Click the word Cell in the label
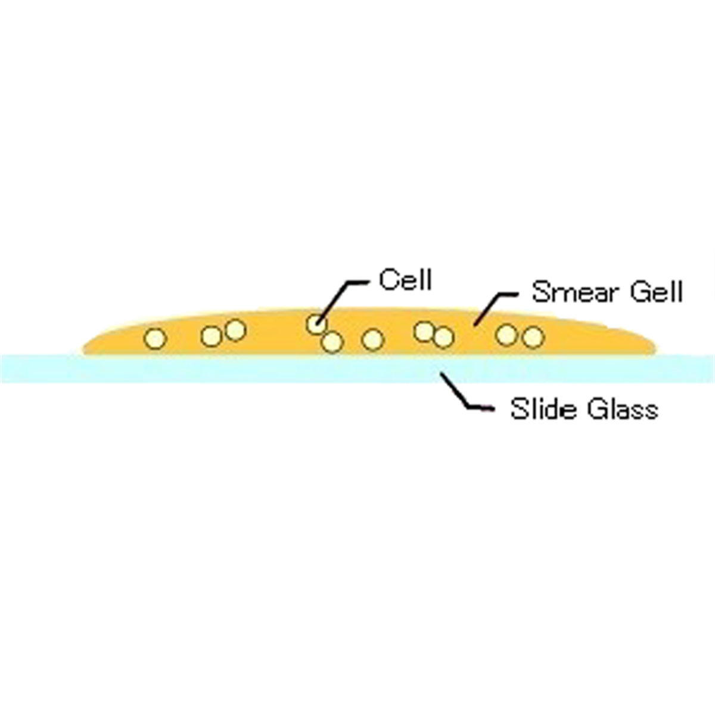[405, 280]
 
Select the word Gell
[656, 291]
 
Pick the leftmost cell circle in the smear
[155, 338]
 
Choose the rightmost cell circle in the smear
[533, 337]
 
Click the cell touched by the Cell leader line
[317, 324]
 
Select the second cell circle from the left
[212, 336]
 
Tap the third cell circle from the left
[235, 329]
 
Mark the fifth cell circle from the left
[332, 342]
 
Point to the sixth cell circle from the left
[372, 340]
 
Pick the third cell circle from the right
[443, 337]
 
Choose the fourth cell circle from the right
[424, 331]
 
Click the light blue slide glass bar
[357, 368]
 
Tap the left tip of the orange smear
[82, 350]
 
